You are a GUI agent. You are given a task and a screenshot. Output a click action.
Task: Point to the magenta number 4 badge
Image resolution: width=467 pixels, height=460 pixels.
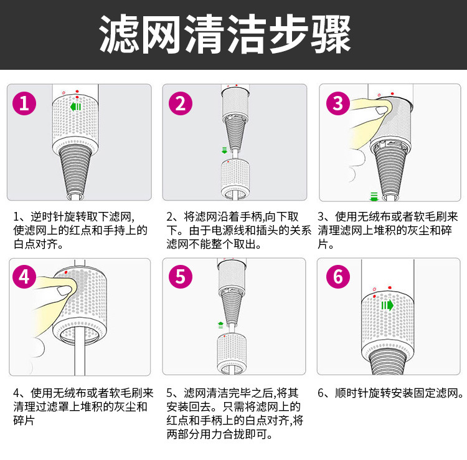tap(24, 277)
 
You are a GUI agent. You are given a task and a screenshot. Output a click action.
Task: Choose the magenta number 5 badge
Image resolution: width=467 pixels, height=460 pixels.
tap(180, 277)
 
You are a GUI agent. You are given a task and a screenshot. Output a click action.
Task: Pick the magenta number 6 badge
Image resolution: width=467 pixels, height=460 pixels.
tap(337, 277)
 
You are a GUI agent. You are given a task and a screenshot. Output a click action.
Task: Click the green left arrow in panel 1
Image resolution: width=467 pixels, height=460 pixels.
tap(76, 107)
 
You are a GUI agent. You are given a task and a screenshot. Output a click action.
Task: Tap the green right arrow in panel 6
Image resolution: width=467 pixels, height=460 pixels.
tap(387, 305)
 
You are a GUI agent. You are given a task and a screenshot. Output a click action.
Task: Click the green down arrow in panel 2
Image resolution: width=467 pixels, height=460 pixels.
tap(224, 150)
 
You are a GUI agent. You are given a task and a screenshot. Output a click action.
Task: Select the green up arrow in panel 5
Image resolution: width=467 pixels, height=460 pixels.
tap(220, 324)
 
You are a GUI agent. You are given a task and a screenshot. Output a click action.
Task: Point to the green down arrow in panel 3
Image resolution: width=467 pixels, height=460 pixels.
tap(374, 196)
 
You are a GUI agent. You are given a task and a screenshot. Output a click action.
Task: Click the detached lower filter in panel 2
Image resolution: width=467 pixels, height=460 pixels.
tap(235, 178)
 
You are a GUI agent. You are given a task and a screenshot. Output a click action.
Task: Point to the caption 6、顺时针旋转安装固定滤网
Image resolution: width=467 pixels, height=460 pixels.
tap(391, 393)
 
